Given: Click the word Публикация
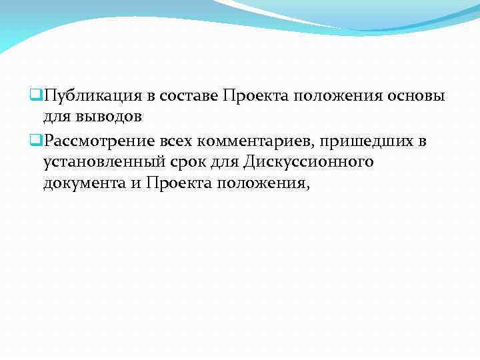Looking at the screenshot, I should pos(83,97).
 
